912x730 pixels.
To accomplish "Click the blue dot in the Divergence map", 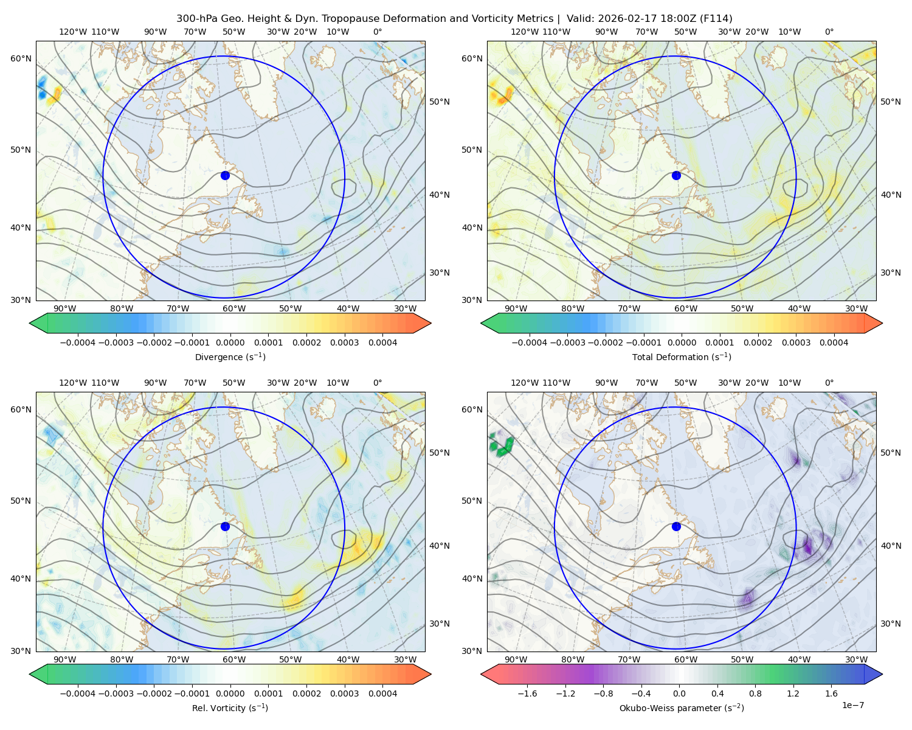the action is point(225,175).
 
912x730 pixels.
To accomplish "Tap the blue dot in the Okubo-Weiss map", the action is point(676,526).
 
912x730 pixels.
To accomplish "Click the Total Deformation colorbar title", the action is point(682,357).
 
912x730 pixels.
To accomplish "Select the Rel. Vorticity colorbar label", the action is point(230,708).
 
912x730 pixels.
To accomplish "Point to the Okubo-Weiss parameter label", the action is point(682,708).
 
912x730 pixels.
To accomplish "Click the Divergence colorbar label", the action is point(230,357).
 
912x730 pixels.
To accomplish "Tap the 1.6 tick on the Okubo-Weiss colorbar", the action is point(831,693).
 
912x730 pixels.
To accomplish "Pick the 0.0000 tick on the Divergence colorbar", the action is point(230,342).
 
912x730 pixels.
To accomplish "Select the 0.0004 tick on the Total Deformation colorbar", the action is point(834,342).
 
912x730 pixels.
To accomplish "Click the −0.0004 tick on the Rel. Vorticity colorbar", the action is point(78,693).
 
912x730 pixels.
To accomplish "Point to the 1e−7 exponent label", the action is point(852,705).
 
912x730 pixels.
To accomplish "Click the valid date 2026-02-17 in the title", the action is point(623,19).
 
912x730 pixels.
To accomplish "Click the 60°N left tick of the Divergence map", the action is point(21,58).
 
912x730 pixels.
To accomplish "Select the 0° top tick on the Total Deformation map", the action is point(829,32).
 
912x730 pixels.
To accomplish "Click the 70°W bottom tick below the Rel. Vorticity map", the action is point(178,659).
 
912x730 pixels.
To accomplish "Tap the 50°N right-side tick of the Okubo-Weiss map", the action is point(891,453).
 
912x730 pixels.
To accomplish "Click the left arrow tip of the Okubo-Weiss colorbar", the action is point(482,674).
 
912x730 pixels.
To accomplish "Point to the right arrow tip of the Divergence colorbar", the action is point(430,323).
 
